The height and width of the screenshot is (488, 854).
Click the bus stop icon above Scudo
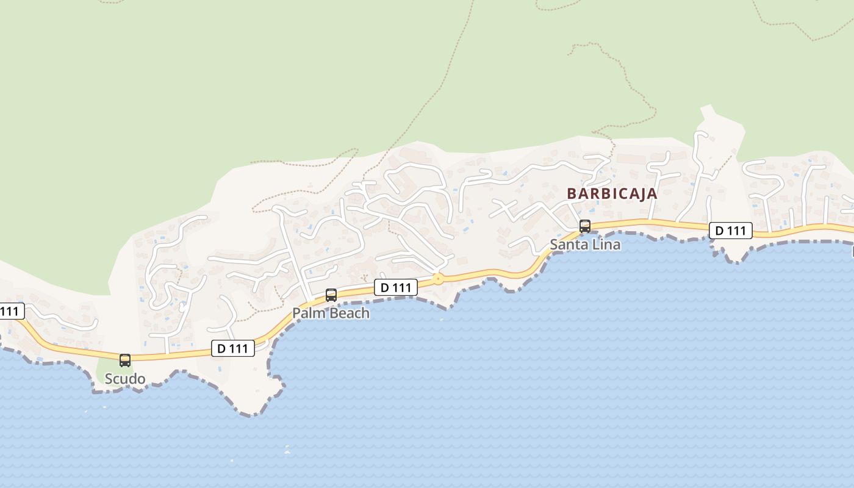tap(125, 360)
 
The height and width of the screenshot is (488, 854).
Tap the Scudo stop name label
tap(125, 379)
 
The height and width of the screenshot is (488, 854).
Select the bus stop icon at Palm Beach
tap(331, 295)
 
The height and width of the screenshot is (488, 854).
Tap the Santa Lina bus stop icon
tap(585, 226)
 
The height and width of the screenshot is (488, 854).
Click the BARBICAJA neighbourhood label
tap(612, 194)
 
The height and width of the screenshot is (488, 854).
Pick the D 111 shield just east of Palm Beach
tap(396, 287)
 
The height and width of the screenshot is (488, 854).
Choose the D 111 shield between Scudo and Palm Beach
tap(233, 348)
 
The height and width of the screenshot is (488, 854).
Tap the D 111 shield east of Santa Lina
tap(730, 231)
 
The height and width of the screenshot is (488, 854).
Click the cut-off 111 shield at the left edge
tap(11, 311)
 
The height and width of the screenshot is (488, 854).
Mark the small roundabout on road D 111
tap(437, 279)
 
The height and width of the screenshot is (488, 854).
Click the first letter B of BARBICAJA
tap(572, 194)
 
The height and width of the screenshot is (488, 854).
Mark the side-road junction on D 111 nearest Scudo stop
tap(167, 354)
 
